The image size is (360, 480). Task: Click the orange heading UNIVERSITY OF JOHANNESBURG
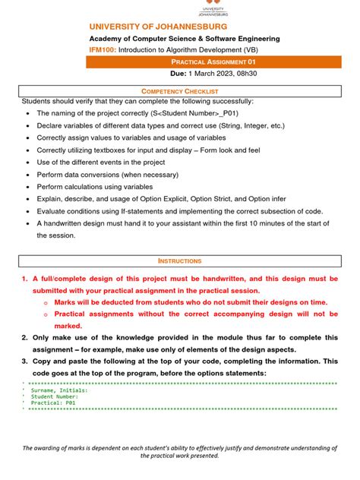tap(156, 27)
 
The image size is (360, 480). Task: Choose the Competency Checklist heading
tap(179, 90)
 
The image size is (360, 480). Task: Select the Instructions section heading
tap(179, 261)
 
